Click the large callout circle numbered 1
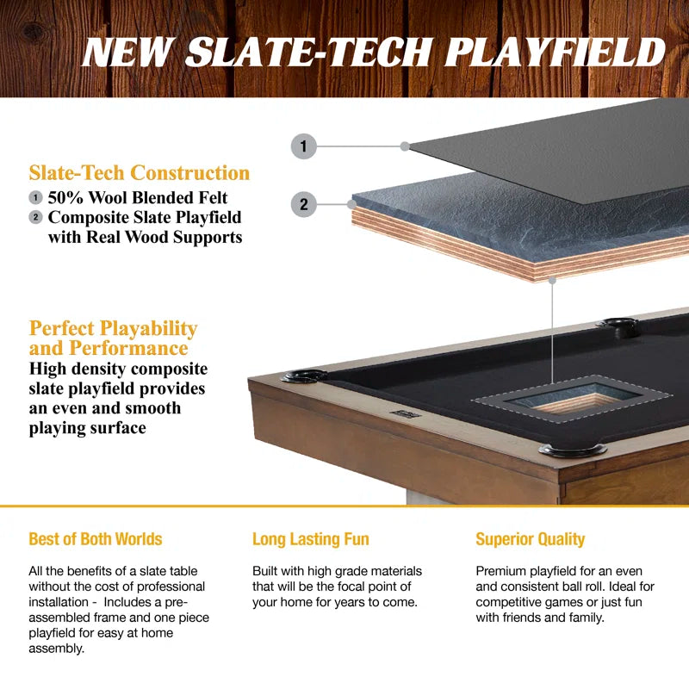tap(303, 146)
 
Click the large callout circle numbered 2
tap(303, 204)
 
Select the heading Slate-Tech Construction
tap(140, 173)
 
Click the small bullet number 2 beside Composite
tap(35, 217)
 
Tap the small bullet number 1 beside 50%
tap(35, 198)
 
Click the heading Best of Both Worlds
tap(95, 540)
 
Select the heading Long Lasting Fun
tap(310, 540)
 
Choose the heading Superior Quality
tap(530, 540)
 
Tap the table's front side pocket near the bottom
tap(572, 450)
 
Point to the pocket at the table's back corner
tap(618, 325)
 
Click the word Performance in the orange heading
tap(133, 348)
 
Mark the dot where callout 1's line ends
tap(405, 146)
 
